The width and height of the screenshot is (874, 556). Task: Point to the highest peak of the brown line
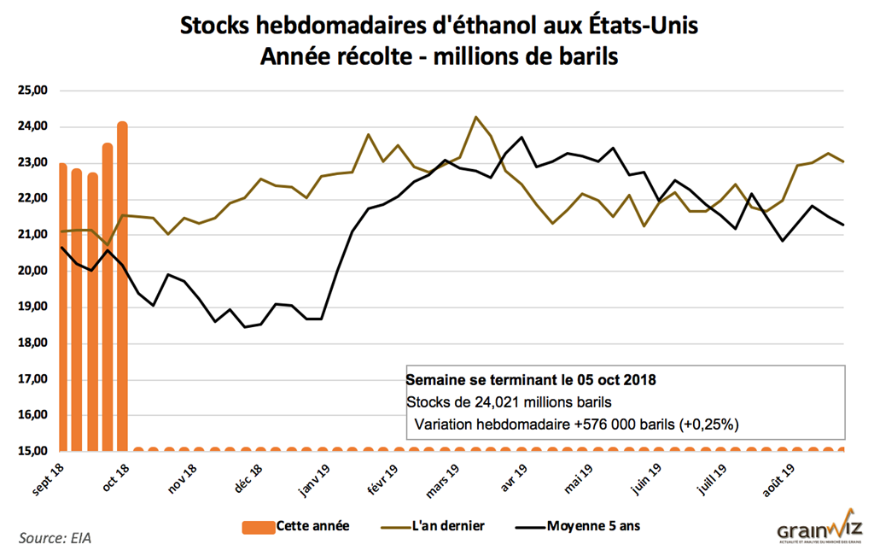pyautogui.click(x=475, y=117)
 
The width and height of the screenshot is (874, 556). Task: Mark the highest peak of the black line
pyautogui.click(x=521, y=137)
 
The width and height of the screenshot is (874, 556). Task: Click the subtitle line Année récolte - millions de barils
pyautogui.click(x=436, y=58)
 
